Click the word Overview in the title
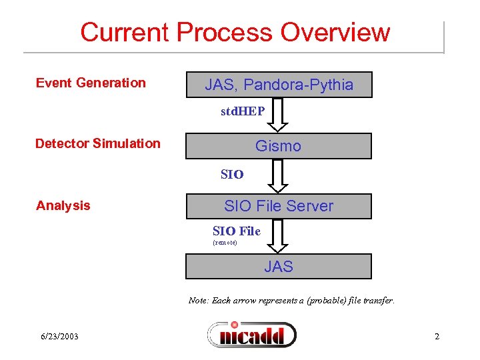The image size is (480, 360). coord(335,32)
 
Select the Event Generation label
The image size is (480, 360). coord(91,83)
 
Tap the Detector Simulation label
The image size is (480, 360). coord(97,143)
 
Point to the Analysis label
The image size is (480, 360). coord(63,205)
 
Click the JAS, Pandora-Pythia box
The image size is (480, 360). coord(279,85)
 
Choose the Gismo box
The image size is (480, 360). coord(279,146)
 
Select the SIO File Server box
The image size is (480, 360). coord(279,206)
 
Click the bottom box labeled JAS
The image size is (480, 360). coord(279,267)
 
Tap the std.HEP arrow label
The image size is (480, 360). coord(243,111)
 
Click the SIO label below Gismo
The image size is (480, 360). coord(233,175)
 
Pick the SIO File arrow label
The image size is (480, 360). coord(236,231)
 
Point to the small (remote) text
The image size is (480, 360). coord(225,243)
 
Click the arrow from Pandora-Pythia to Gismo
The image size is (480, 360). coord(279,115)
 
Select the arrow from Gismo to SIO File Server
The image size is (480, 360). coord(279,176)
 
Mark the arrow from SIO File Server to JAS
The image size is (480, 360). coord(279,237)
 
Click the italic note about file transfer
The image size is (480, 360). coord(291,301)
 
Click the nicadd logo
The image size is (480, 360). coord(252,334)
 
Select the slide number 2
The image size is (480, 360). coord(437,336)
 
